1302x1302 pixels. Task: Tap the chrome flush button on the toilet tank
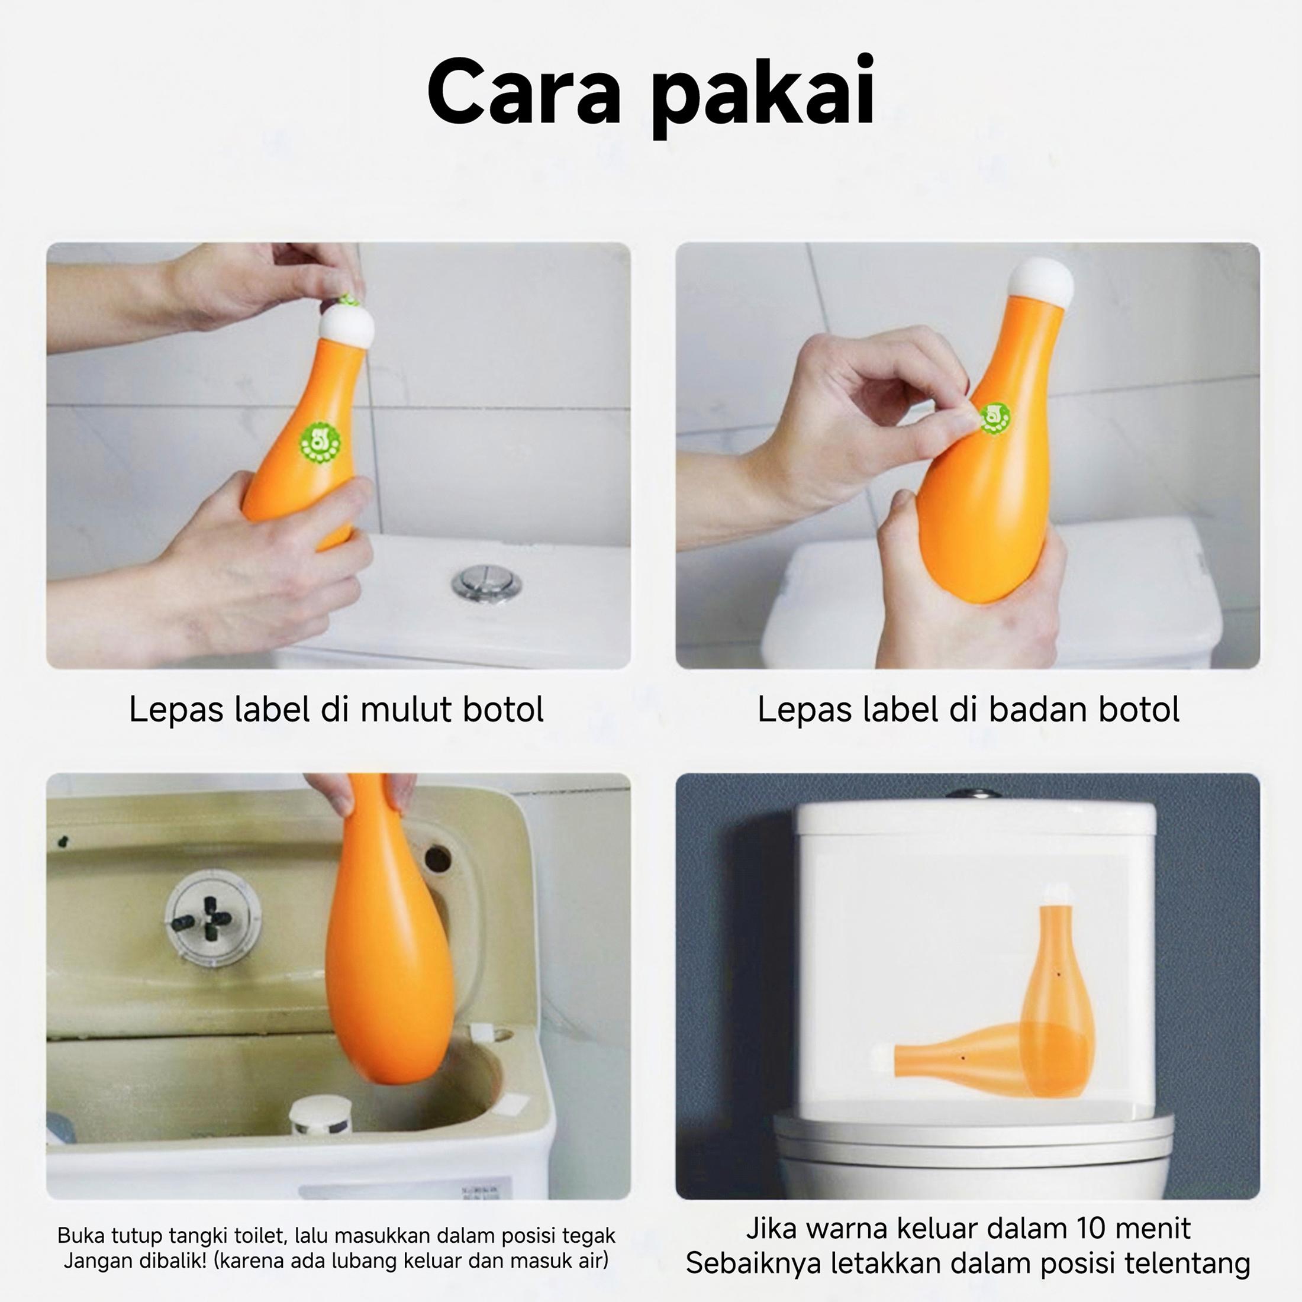click(486, 582)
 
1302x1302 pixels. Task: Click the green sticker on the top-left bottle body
click(320, 442)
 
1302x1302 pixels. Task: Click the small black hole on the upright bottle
click(1059, 975)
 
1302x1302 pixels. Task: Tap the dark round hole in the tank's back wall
click(438, 859)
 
